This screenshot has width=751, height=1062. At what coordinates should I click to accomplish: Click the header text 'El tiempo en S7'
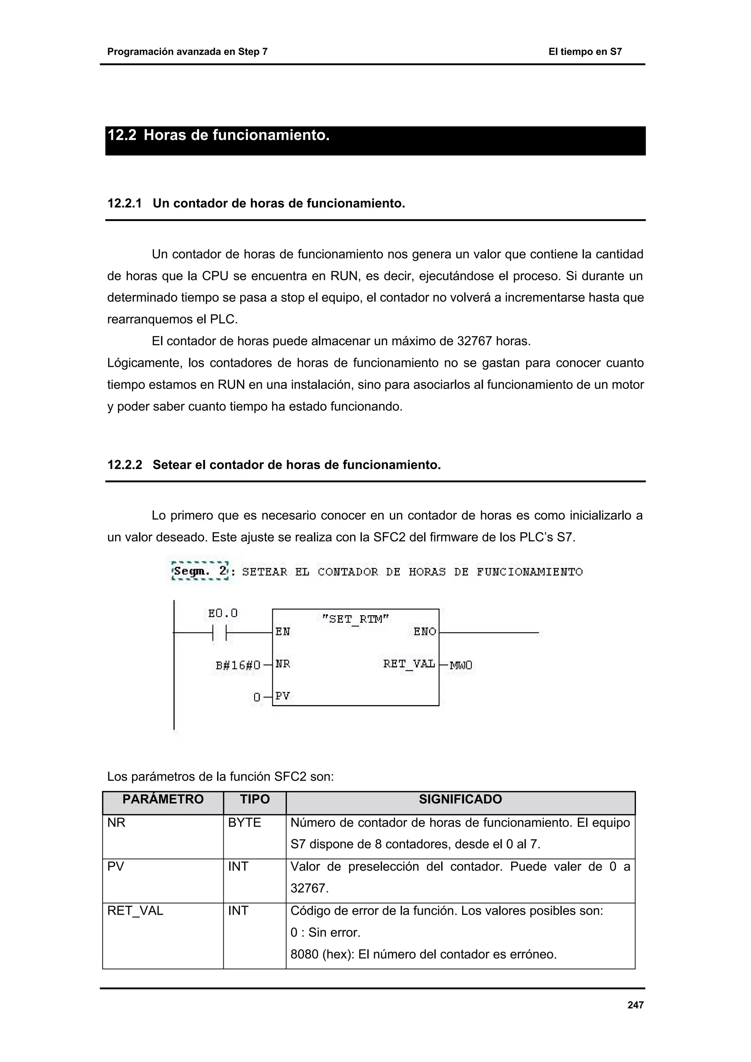point(585,52)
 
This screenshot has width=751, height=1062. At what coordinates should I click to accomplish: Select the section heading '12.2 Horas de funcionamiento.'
point(219,136)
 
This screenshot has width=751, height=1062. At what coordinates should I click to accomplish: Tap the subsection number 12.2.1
point(124,203)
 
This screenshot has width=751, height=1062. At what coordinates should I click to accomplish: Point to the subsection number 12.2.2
point(124,465)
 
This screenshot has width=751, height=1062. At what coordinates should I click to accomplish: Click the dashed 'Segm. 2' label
point(200,571)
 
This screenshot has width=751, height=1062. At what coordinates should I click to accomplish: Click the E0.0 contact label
point(223,613)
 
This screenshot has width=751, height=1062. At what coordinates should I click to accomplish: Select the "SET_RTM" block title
point(355,619)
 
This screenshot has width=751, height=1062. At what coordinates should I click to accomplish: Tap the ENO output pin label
point(425,632)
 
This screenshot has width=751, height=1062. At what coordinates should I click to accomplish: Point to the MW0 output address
point(461,665)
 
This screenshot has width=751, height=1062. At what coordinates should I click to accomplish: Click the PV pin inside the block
point(282,696)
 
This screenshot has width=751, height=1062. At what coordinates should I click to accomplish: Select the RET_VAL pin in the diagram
point(409,664)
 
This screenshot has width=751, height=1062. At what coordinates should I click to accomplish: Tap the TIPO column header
point(254,799)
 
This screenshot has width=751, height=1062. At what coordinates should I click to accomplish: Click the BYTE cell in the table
point(244,823)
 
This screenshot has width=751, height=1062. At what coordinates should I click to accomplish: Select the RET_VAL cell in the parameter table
point(135,911)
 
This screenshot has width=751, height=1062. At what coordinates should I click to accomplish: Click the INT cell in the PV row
point(238,866)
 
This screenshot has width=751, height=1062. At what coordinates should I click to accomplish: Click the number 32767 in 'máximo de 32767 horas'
point(474,342)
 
